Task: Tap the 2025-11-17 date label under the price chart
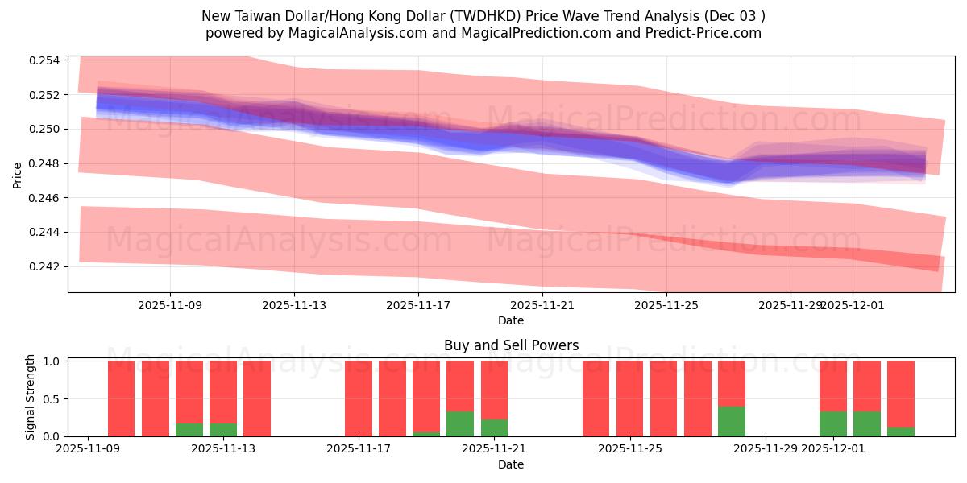(x=417, y=306)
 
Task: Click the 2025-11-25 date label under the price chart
(x=666, y=306)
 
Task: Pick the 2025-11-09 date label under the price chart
(x=170, y=306)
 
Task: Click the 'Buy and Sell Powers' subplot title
(x=511, y=345)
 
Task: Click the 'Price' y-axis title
(x=19, y=174)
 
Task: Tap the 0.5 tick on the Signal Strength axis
(x=52, y=399)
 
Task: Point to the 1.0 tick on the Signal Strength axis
(x=52, y=361)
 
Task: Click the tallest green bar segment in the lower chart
(x=731, y=421)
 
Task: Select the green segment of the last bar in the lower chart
(x=900, y=431)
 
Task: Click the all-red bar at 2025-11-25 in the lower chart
(x=629, y=398)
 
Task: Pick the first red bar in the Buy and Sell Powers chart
(x=121, y=398)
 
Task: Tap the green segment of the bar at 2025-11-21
(x=494, y=427)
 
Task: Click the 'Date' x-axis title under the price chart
(x=511, y=320)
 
